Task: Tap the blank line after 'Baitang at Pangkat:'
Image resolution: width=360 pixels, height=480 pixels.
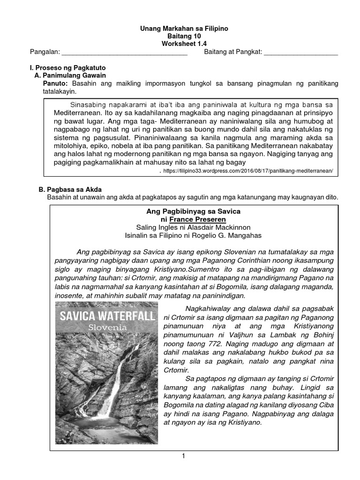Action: [301, 53]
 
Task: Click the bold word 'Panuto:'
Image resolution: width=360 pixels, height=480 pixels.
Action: [56, 83]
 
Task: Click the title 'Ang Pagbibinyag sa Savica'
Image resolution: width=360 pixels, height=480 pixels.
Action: [194, 212]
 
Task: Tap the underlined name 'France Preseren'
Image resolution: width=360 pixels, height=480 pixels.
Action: [198, 219]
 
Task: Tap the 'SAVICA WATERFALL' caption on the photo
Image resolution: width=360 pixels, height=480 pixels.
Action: [106, 315]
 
